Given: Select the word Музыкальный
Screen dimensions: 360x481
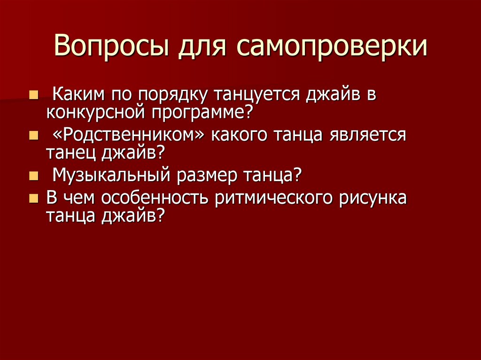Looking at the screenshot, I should [x=111, y=176].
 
